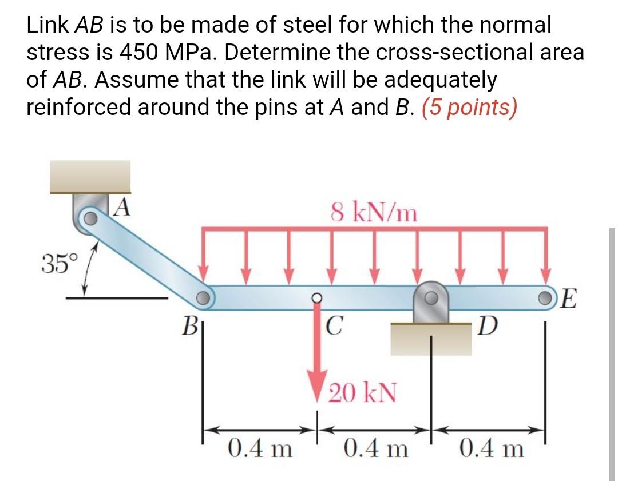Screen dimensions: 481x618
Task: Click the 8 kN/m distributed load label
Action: click(374, 213)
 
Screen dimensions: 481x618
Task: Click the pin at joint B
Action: click(203, 298)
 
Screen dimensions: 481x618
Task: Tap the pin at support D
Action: click(430, 297)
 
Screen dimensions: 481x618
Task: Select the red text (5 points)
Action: click(469, 107)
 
